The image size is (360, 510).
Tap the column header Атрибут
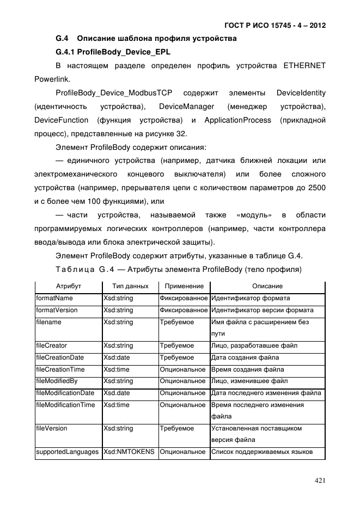pos(69,286)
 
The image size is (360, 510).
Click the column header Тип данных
pos(130,286)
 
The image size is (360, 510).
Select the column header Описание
pos(267,286)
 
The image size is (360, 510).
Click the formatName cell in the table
pos(54,299)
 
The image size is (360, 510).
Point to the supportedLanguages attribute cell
pos(68,452)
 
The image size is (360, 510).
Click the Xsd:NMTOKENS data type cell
pos(129,452)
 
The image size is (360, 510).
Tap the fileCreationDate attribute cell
pos(60,357)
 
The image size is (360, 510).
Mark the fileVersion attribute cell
pos(52,428)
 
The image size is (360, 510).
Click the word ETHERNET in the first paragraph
pos(304,66)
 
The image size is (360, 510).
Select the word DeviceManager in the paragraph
pos(187,105)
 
